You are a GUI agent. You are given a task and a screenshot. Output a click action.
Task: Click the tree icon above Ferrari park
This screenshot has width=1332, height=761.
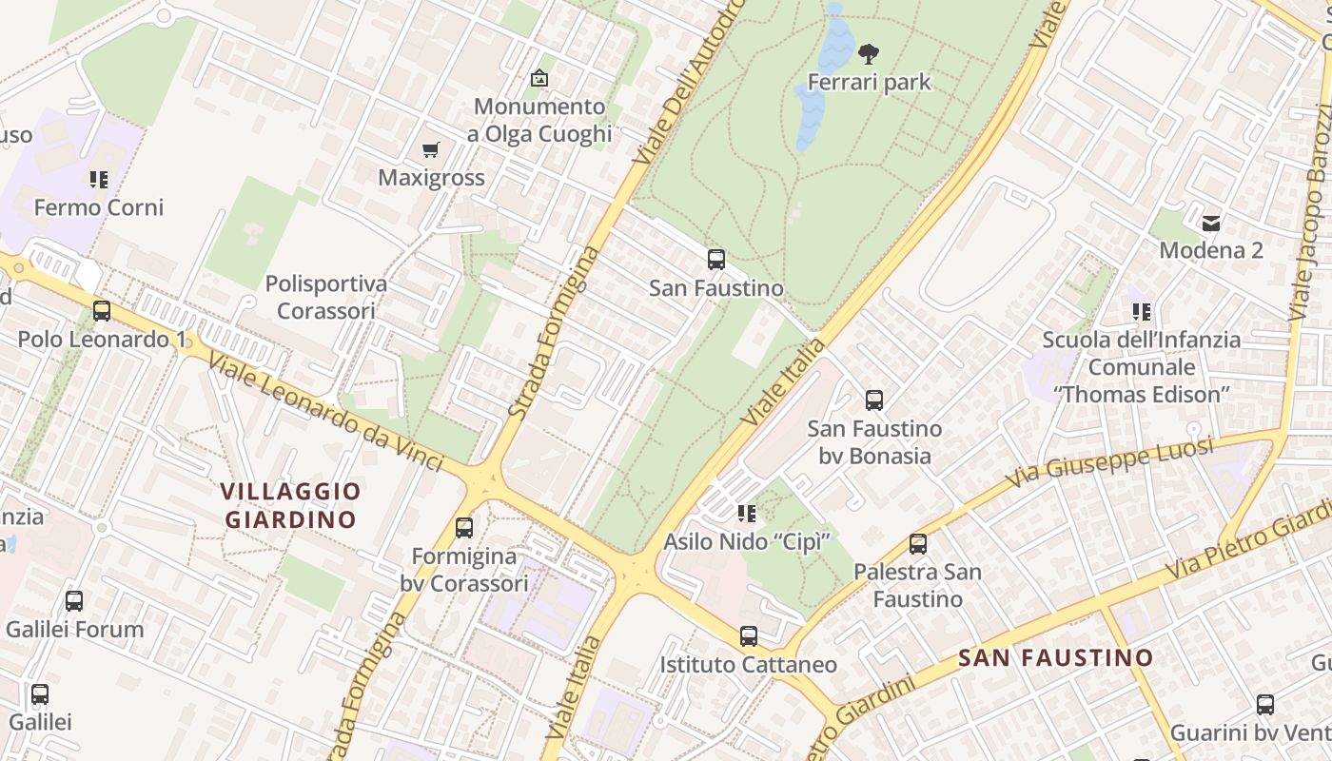click(868, 54)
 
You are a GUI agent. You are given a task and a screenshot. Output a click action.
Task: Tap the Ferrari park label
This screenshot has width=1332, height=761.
click(869, 83)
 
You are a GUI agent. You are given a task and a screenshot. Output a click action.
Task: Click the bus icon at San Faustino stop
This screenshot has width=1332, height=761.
click(716, 260)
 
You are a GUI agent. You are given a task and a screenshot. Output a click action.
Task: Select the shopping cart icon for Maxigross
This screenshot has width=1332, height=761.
click(431, 150)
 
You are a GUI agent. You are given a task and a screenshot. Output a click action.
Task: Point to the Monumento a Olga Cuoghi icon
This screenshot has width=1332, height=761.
click(539, 78)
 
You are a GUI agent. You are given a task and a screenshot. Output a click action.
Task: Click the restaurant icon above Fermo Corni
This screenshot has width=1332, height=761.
click(99, 179)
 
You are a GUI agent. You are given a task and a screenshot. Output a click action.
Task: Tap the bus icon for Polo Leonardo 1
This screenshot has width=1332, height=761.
click(102, 311)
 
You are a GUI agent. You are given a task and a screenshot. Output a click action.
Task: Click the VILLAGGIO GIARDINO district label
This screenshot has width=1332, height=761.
click(290, 505)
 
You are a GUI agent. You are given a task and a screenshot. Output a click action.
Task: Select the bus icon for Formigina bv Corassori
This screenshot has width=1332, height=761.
click(464, 527)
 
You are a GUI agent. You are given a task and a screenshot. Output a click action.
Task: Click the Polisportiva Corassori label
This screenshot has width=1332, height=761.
click(326, 297)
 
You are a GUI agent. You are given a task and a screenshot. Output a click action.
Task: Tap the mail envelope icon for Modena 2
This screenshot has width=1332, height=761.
click(1210, 224)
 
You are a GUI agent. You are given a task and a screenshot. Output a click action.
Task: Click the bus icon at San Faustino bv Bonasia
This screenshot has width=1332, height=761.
click(874, 400)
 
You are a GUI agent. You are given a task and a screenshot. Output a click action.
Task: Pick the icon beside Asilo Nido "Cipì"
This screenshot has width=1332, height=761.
click(747, 514)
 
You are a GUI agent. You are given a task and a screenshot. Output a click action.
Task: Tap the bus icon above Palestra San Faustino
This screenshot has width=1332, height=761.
click(918, 544)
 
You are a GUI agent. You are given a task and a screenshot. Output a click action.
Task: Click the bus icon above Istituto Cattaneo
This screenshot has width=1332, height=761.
click(749, 636)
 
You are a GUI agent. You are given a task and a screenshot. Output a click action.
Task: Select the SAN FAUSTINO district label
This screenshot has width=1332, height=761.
click(1055, 657)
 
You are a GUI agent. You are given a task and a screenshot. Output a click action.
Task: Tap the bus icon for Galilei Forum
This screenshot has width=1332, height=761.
click(74, 601)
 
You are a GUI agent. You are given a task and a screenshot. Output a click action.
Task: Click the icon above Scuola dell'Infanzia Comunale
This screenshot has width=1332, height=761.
click(1142, 311)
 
